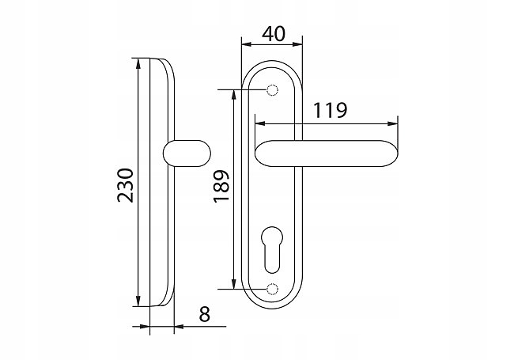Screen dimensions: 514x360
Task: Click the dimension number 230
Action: pos(126,185)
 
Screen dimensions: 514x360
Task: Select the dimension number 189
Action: pos(221,186)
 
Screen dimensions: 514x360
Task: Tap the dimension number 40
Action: pos(274,34)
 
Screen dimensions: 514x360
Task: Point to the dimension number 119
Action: pos(330,110)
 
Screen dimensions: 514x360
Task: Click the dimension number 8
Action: pos(204,314)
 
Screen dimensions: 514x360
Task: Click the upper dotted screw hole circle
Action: pos(272,89)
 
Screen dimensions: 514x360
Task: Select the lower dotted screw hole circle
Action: pos(272,289)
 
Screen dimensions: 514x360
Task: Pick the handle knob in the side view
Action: pos(187,153)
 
